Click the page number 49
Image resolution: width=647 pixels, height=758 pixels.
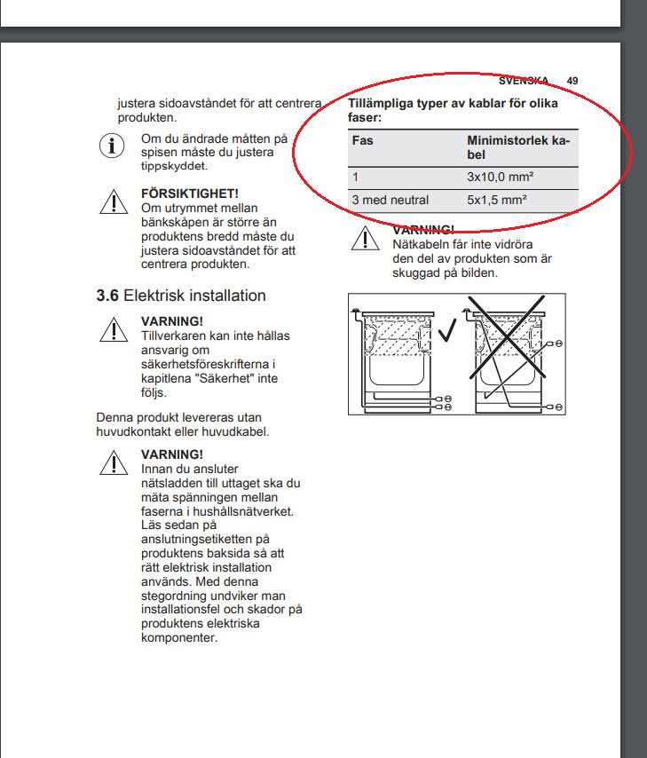pos(572,81)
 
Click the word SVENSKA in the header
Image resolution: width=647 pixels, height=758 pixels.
pos(524,81)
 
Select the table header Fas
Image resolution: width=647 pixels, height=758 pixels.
pos(362,141)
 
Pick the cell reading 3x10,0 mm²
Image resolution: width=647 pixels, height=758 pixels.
pos(500,178)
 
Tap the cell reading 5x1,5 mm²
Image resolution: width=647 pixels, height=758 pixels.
pos(497,200)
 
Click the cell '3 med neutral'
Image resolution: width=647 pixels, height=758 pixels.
pos(391,200)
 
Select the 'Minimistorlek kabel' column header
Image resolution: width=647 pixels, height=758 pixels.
pos(518,147)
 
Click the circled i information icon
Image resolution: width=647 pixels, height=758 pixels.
pos(112,146)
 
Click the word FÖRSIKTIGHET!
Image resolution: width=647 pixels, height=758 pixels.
pos(189,193)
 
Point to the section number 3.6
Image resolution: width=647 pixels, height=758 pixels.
pos(107,296)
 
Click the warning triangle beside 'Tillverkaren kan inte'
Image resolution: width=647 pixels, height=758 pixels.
pos(113,330)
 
